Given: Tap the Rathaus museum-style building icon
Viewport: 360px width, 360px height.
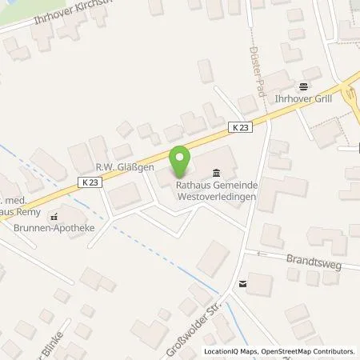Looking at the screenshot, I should pyautogui.click(x=217, y=173).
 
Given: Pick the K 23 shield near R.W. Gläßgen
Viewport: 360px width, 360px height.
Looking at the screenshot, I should pyautogui.click(x=90, y=182).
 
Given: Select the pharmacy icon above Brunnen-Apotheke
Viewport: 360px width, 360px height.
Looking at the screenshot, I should pyautogui.click(x=54, y=216).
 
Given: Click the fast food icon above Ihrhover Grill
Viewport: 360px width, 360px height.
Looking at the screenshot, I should pyautogui.click(x=303, y=86).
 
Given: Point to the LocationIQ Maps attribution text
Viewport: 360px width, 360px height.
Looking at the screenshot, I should pyautogui.click(x=230, y=351).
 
